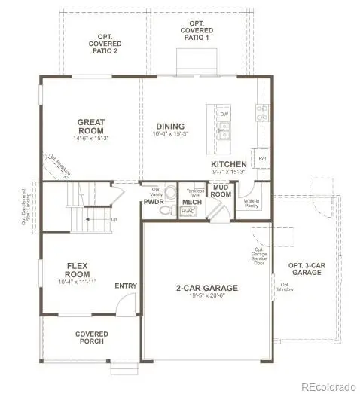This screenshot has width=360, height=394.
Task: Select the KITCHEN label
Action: pos(228,163)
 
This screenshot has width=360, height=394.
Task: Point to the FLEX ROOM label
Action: pos(78,270)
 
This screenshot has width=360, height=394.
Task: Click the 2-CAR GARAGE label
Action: pos(206,288)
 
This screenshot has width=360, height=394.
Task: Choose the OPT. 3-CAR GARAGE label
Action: pos(305,268)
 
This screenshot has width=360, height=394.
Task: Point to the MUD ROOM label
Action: pos(220,191)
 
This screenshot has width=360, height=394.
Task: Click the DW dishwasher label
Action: pos(224,115)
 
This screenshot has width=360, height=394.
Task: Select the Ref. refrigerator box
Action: pos(262,159)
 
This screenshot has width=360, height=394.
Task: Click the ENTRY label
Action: pos(125,286)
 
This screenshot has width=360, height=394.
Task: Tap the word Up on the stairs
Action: pos(114,220)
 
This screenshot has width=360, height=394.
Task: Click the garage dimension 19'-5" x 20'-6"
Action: pos(206,297)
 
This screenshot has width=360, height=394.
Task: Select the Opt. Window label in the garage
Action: pos(285,287)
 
